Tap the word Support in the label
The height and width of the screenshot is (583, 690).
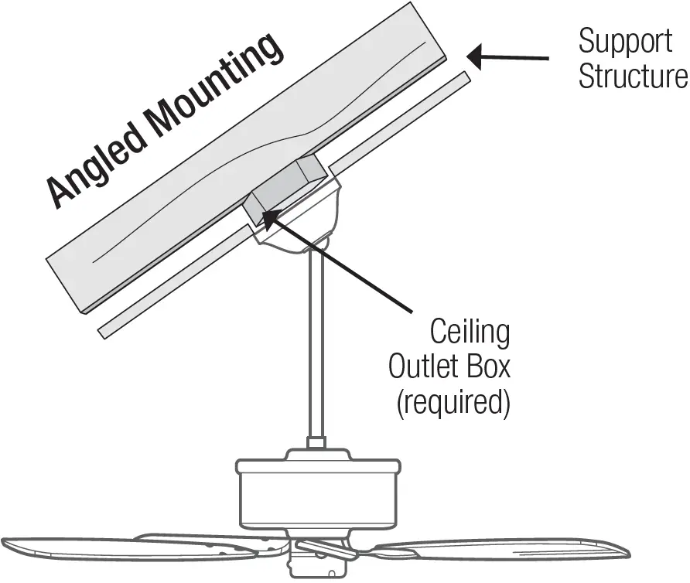(x=625, y=40)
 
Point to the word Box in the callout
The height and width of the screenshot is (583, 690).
(x=490, y=367)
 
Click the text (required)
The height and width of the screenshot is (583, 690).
(x=453, y=403)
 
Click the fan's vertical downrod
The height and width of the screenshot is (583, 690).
(x=316, y=340)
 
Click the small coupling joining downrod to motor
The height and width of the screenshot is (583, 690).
(x=316, y=443)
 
